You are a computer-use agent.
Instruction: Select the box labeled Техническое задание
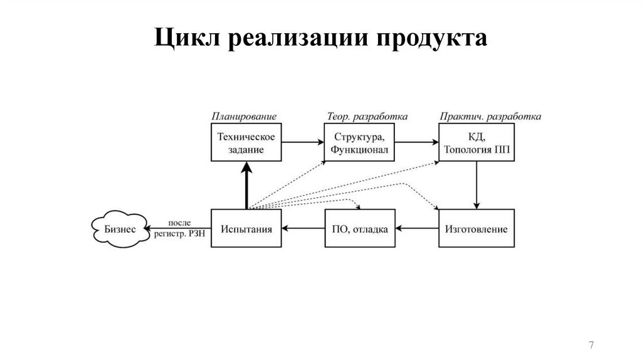click(246, 143)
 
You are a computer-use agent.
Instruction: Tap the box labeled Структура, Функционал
click(360, 143)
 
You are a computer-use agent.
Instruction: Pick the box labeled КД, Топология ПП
click(476, 143)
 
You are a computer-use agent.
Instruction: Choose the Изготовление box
click(476, 230)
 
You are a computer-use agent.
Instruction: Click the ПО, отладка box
click(360, 230)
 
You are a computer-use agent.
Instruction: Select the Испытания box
click(246, 230)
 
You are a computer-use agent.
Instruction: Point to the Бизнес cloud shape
click(119, 230)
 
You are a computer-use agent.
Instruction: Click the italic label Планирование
click(244, 117)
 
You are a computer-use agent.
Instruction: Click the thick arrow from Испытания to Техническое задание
click(246, 186)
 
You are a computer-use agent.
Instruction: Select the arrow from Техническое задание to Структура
click(303, 143)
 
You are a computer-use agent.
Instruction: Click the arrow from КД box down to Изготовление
click(476, 186)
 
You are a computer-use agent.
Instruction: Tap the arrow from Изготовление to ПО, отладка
click(418, 230)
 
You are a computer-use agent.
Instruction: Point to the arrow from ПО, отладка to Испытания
click(303, 230)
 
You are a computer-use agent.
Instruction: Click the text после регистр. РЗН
click(180, 228)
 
